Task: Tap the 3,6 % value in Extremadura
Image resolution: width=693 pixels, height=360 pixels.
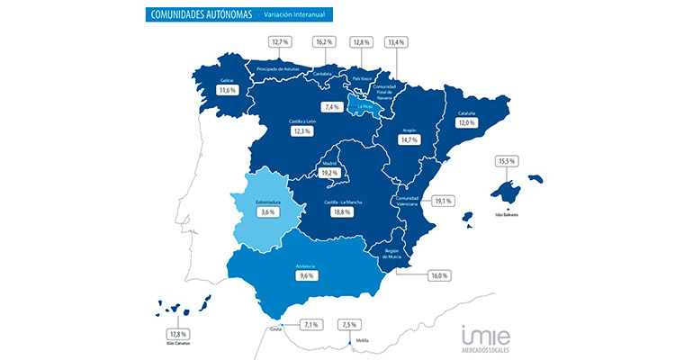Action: pos(266,213)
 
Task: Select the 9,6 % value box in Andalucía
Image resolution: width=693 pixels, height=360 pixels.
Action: pos(305,277)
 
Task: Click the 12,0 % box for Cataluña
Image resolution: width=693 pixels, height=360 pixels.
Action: pos(490,123)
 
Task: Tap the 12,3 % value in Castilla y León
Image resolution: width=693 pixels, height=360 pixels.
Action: pos(301,132)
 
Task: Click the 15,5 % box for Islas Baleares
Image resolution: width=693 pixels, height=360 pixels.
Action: pos(506,161)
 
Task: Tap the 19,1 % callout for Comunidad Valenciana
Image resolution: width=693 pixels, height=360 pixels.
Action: pos(443,201)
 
